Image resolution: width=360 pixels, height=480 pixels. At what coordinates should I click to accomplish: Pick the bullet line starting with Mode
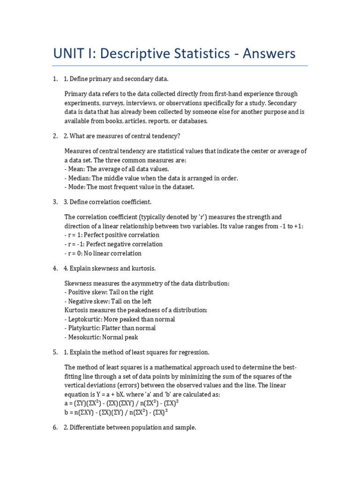(x=129, y=187)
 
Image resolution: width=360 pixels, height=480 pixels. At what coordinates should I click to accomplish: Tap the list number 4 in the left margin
(x=55, y=269)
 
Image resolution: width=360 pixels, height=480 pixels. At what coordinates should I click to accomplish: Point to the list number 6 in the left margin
(x=55, y=427)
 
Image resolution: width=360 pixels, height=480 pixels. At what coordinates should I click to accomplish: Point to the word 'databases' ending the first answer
(x=192, y=121)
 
